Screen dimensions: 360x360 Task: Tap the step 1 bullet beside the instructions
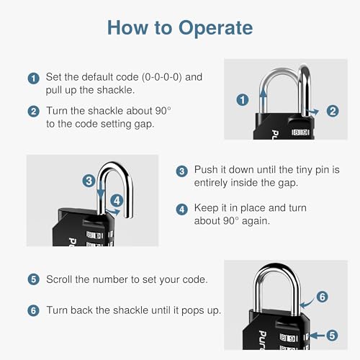coord(33,78)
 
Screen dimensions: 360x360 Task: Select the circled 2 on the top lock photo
coord(332,110)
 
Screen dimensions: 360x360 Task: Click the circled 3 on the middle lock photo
coord(88,181)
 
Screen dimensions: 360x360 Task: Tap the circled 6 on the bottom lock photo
coord(322,297)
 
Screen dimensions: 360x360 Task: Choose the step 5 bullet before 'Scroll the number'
coord(33,279)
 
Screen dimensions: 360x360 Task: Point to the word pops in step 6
coord(191,310)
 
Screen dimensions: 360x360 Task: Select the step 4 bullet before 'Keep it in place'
coord(181,208)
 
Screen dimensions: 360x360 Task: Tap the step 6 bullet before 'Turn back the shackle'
coord(33,310)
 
